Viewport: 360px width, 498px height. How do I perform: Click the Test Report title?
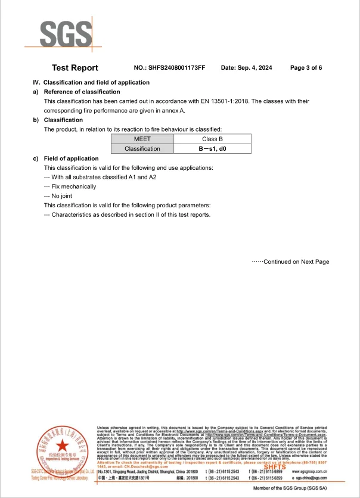pyautogui.click(x=75, y=68)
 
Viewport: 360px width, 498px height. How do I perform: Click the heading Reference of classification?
pyautogui.click(x=82, y=92)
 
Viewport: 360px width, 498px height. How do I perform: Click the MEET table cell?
pyautogui.click(x=142, y=139)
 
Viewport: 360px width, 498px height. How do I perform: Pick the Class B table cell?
pyautogui.click(x=212, y=139)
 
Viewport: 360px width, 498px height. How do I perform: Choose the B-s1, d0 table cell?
pyautogui.click(x=212, y=148)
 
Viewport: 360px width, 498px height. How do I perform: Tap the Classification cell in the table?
pyautogui.click(x=142, y=148)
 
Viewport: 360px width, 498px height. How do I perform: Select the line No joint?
pyautogui.click(x=61, y=196)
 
